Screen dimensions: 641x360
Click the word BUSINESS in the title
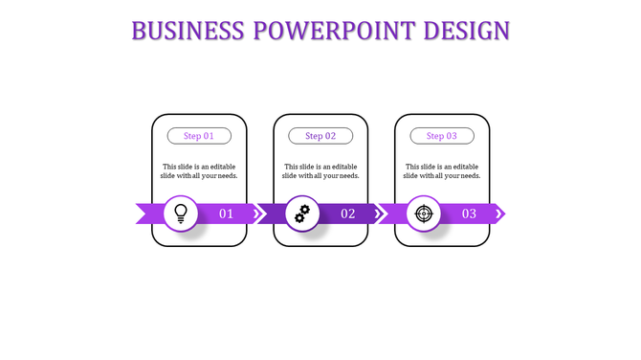[x=188, y=31]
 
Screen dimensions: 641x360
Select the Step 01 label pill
[x=199, y=136]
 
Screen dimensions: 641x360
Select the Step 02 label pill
[x=320, y=136]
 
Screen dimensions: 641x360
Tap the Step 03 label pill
[x=442, y=136]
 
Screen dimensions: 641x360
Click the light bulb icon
[x=180, y=214]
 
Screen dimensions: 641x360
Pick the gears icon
[x=301, y=214]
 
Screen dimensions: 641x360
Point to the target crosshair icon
[x=423, y=214]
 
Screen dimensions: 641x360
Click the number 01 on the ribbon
[x=227, y=214]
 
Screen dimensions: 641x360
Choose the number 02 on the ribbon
[x=348, y=214]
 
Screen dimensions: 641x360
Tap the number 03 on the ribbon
[x=470, y=214]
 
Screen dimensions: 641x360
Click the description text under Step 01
[x=199, y=170]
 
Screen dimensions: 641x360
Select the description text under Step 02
[x=320, y=170]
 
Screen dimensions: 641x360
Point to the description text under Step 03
[x=442, y=170]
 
